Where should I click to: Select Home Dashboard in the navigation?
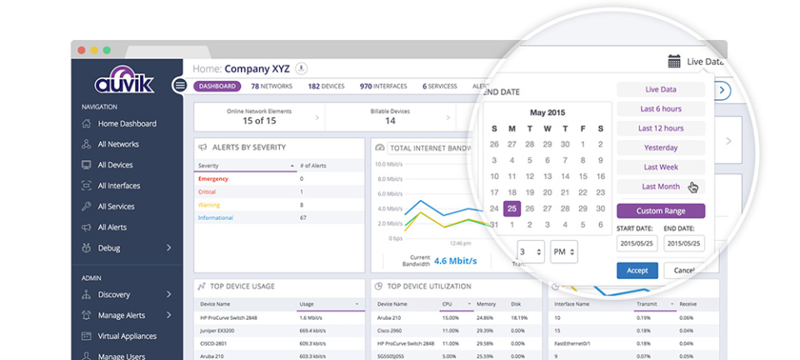[127, 123]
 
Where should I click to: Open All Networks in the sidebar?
[118, 144]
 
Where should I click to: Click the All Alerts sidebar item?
[112, 227]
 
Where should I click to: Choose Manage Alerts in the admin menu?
[121, 315]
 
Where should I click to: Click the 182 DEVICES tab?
[326, 86]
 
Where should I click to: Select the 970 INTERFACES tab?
[383, 86]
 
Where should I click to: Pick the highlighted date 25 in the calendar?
[512, 208]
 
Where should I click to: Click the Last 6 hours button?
[660, 109]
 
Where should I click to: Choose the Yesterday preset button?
[660, 147]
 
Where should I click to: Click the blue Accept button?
[637, 271]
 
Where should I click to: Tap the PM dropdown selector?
[563, 251]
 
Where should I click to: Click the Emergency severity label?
[213, 178]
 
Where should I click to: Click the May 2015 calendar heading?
[547, 112]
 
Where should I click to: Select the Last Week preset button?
[660, 167]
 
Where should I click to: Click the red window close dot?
[82, 50]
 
